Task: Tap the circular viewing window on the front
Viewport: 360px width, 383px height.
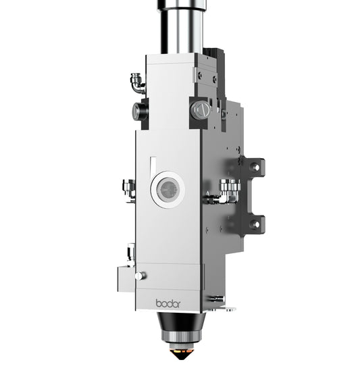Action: pyautogui.click(x=167, y=190)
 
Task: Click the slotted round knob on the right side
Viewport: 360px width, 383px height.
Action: pyautogui.click(x=201, y=110)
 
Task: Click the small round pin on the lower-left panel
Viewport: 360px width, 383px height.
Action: pyautogui.click(x=139, y=276)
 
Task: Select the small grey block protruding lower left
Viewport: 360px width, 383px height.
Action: pyautogui.click(x=125, y=277)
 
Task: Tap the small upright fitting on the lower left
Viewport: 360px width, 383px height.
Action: pyautogui.click(x=130, y=254)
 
